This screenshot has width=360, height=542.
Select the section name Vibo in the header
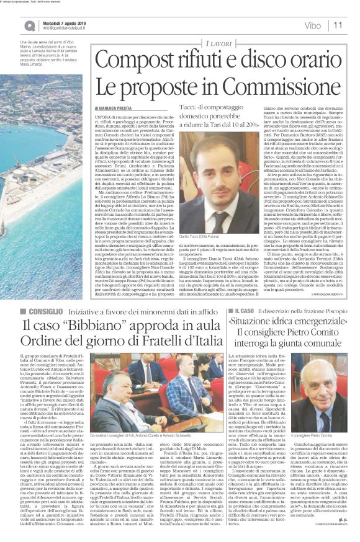(312, 25)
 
